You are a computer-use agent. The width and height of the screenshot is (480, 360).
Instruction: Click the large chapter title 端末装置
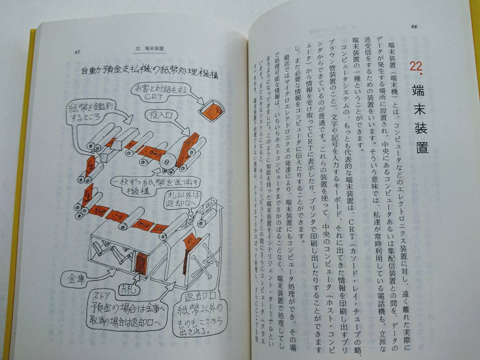coord(418,120)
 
